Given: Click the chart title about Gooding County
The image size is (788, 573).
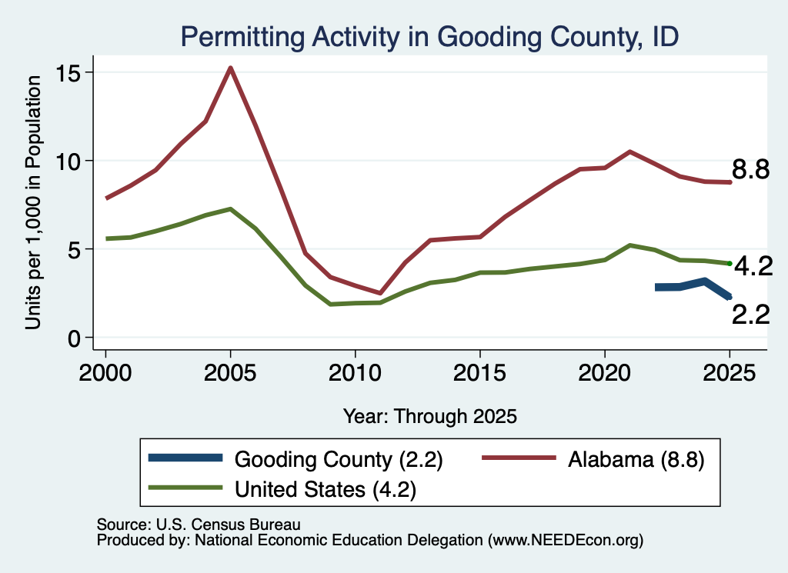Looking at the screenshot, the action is pyautogui.click(x=429, y=37).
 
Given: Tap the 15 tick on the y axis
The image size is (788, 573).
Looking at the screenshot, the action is pyautogui.click(x=68, y=73).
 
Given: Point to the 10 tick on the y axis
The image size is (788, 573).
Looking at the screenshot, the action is pyautogui.click(x=68, y=162).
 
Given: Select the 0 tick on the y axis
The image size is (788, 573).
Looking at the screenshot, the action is pyautogui.click(x=74, y=338).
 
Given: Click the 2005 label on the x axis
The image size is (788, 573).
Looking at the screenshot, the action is pyautogui.click(x=230, y=373).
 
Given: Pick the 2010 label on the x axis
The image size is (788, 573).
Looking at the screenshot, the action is pyautogui.click(x=355, y=373).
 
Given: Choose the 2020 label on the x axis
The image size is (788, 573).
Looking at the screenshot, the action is pyautogui.click(x=605, y=373).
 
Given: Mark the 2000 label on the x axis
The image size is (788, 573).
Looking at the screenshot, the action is pyautogui.click(x=105, y=373).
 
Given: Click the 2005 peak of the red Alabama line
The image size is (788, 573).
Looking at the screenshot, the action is pyautogui.click(x=230, y=68).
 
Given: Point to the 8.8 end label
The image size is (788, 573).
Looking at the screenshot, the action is pyautogui.click(x=750, y=169).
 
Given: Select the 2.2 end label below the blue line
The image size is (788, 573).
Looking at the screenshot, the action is pyautogui.click(x=750, y=315).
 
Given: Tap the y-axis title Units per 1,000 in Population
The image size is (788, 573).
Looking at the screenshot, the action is pyautogui.click(x=33, y=202).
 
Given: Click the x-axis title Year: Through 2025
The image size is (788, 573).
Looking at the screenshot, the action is pyautogui.click(x=429, y=416).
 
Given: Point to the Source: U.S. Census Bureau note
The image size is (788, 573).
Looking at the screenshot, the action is pyautogui.click(x=199, y=525).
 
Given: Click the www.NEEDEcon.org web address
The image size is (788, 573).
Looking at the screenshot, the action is pyautogui.click(x=566, y=541).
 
